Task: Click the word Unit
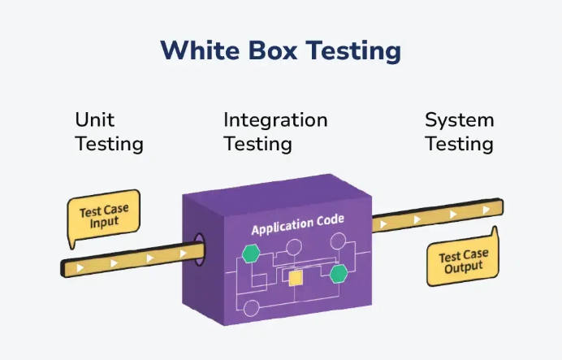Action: (94, 120)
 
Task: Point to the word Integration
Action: (275, 120)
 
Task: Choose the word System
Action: (459, 120)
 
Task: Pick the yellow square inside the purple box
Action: (296, 278)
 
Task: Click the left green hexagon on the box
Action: (251, 254)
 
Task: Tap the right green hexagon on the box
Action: (339, 273)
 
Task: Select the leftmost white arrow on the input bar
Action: (80, 267)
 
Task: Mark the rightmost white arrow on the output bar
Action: (486, 209)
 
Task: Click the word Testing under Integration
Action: (257, 145)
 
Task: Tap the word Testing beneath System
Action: (459, 145)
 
